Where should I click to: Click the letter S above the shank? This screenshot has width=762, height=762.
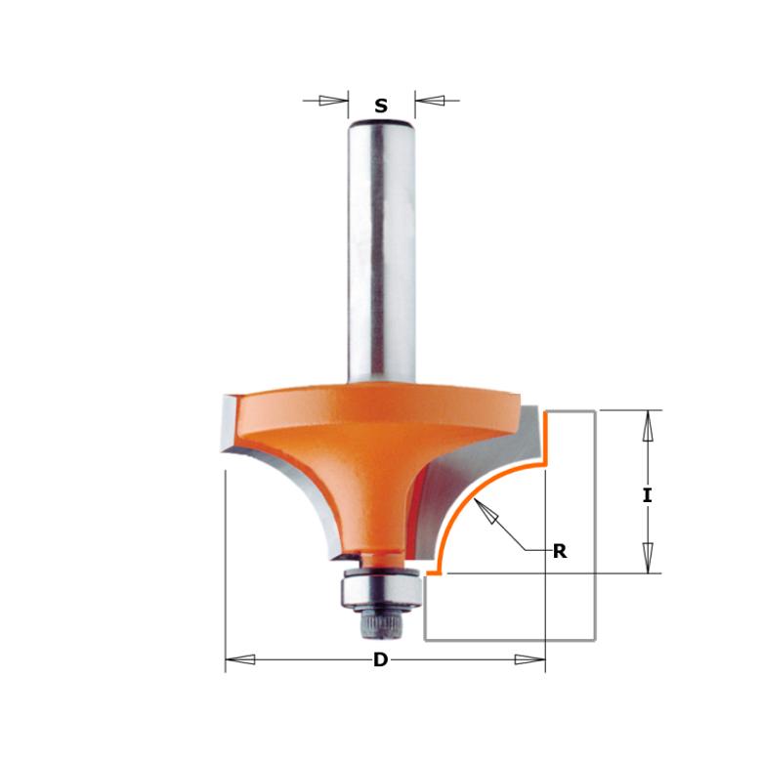381,106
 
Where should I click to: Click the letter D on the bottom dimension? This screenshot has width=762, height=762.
381,660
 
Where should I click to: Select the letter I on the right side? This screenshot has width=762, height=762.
646,495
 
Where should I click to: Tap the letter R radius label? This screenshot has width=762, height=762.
560,552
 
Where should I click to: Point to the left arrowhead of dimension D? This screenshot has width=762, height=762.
240,659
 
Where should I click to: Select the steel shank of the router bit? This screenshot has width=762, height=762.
381,254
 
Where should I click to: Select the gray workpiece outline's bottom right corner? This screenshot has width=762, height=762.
594,640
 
